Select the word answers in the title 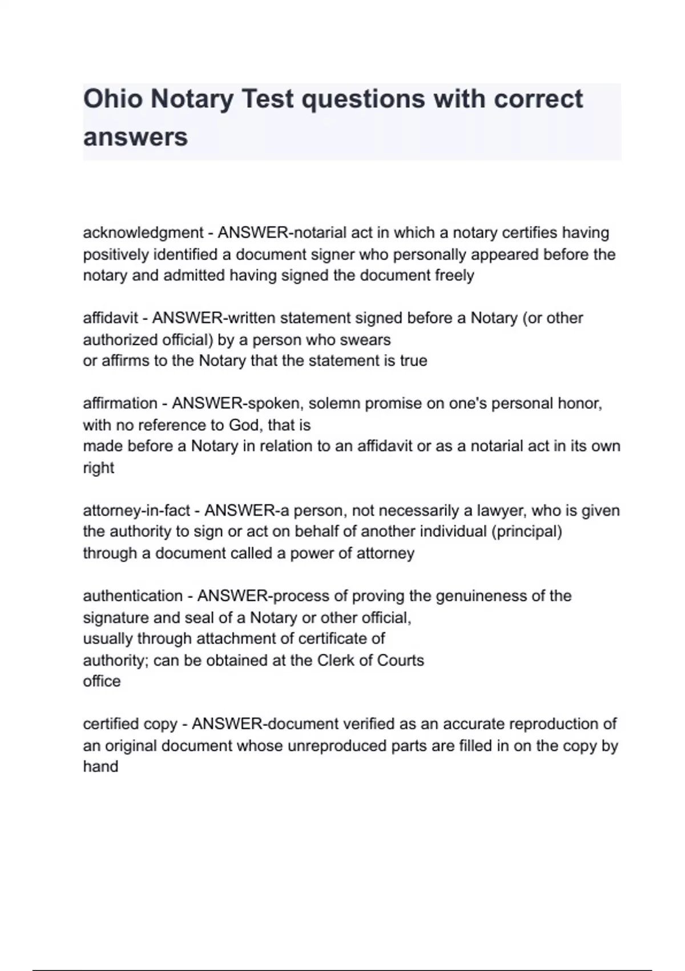[x=135, y=137]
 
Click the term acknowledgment [x=143, y=233]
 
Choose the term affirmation [x=120, y=404]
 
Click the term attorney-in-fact [x=136, y=511]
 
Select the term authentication [x=132, y=596]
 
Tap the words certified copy [x=130, y=724]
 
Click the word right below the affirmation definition [x=98, y=468]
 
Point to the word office [x=102, y=681]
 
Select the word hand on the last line [x=100, y=767]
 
